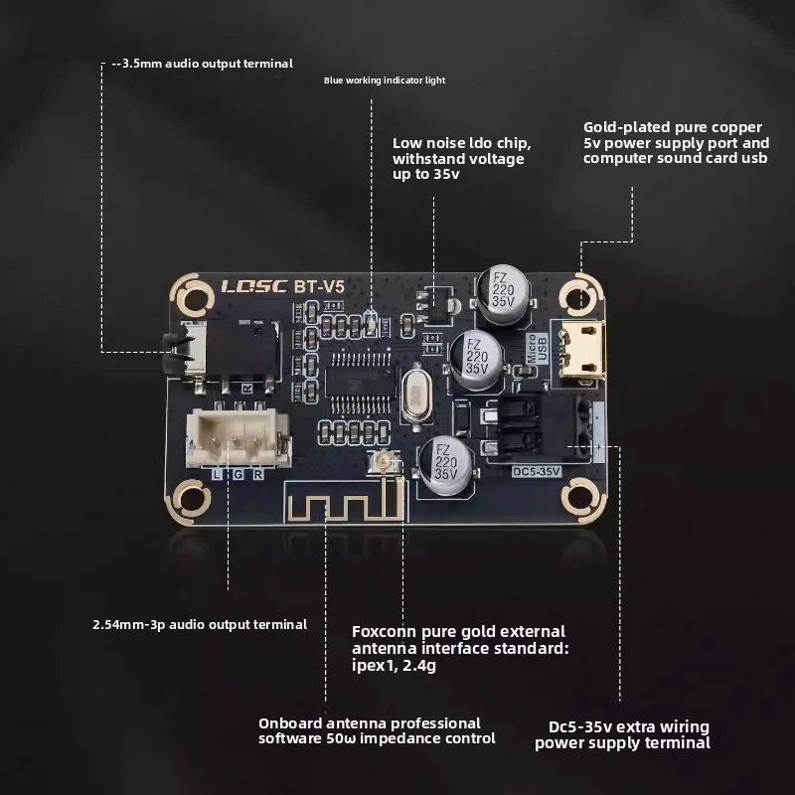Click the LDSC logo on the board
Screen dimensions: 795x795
pos(252,286)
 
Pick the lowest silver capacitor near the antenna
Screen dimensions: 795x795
pos(444,463)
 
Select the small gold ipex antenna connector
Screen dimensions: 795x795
pos(378,460)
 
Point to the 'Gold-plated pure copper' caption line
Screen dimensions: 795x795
pos(673,127)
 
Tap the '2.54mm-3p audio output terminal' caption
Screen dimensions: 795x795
pos(199,624)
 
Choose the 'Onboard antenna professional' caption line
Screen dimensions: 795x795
pos(370,722)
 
